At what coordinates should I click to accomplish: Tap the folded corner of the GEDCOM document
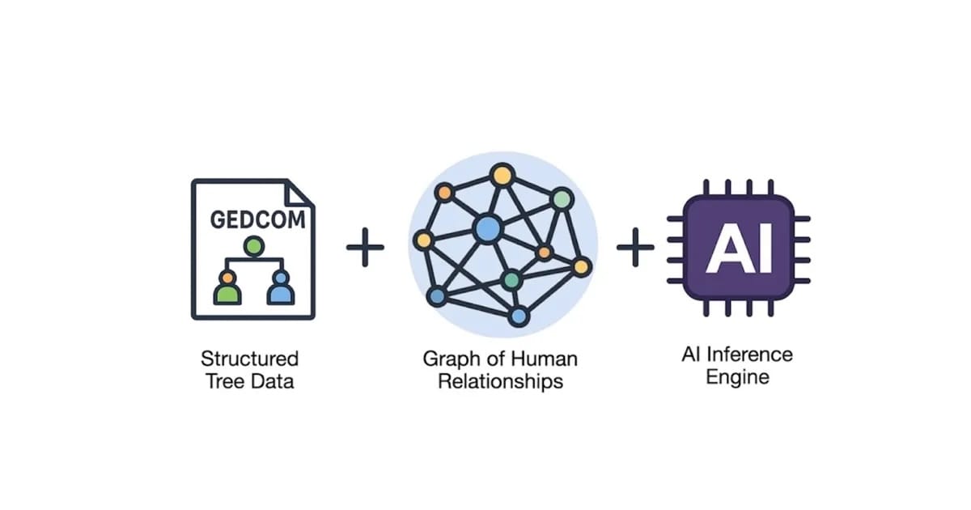pos(301,193)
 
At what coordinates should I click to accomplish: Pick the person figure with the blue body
pos(280,287)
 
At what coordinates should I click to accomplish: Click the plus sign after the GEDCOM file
pos(365,247)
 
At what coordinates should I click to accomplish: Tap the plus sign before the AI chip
pos(635,247)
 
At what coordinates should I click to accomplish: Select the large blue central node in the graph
pos(487,229)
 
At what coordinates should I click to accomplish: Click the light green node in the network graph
pos(562,198)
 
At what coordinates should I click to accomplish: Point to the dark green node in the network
pos(511,280)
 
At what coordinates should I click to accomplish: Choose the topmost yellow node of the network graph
pos(502,174)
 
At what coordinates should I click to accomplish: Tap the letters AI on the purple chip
pos(738,248)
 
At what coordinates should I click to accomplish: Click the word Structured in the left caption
pos(249,358)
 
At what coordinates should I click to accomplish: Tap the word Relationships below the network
pos(500,380)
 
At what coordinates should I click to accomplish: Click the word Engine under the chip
pos(737,377)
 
